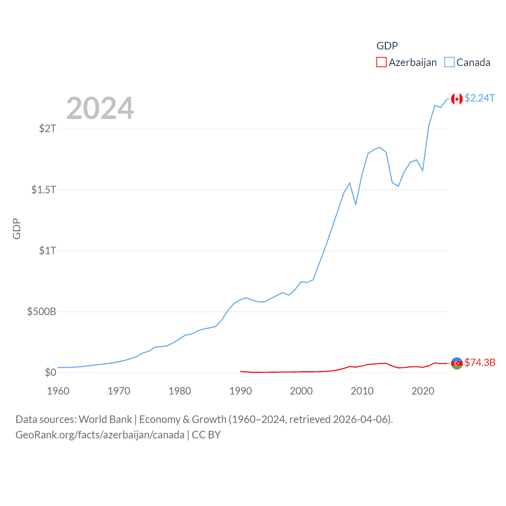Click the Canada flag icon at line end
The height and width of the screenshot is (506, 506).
457,99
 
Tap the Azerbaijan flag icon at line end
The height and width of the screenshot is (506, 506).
457,363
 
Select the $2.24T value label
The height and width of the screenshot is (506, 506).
480,98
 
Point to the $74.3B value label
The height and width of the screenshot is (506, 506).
480,363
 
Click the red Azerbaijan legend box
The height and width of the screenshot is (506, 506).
381,62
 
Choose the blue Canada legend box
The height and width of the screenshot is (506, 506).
449,62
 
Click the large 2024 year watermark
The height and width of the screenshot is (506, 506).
100,108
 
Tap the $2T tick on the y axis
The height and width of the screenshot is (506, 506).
47,128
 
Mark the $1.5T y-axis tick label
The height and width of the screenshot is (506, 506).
44,190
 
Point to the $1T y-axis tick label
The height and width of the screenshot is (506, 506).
47,251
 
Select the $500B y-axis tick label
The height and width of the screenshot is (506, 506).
42,312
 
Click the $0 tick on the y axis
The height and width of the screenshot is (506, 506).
50,373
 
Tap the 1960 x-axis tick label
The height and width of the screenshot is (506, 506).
58,391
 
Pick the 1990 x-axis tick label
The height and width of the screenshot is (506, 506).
240,391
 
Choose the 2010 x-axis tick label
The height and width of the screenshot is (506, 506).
362,391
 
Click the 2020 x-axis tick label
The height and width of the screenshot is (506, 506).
423,391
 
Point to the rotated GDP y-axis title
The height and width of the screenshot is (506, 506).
17,228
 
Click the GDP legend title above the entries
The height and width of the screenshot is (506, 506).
387,46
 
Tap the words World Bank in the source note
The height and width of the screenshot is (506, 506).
105,419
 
